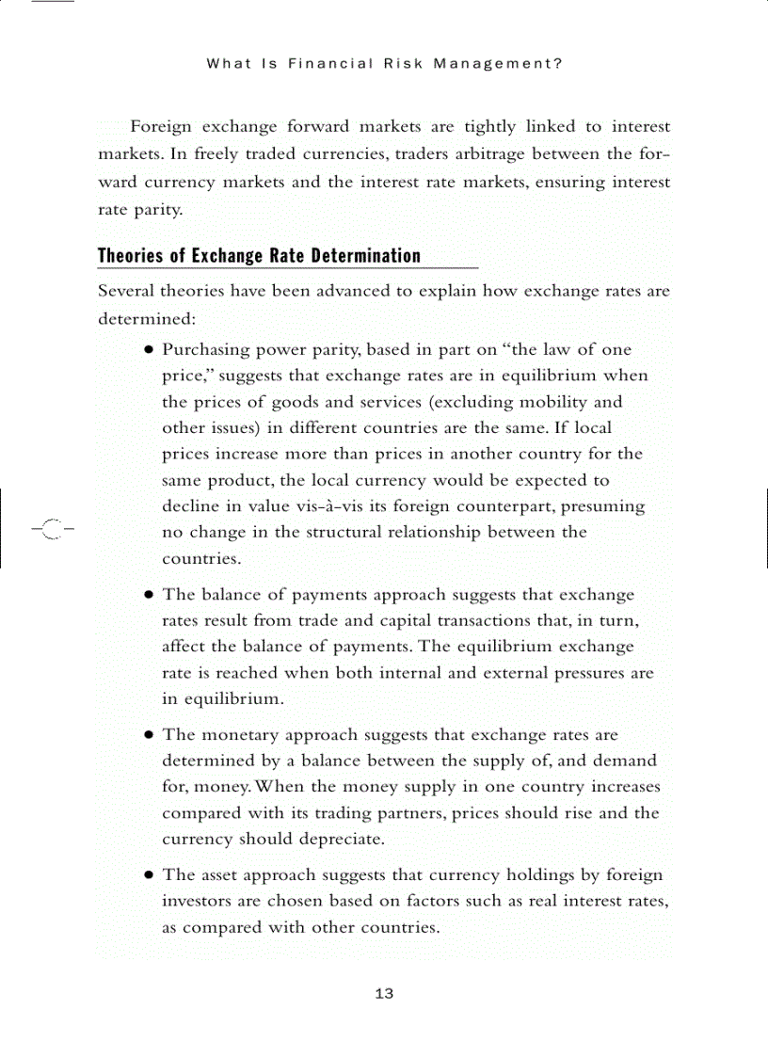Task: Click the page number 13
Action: [x=384, y=995]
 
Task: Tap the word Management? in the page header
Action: [x=498, y=64]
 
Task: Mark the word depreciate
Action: [x=342, y=839]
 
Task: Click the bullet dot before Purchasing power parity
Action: [x=149, y=350]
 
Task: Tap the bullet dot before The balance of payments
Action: [x=149, y=596]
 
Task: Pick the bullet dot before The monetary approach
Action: [x=149, y=735]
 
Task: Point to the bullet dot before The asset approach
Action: [x=149, y=875]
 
